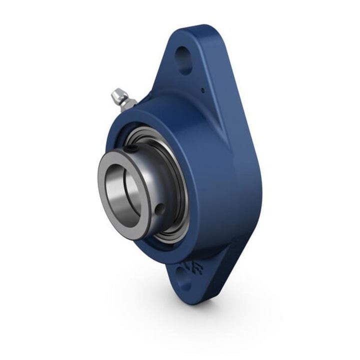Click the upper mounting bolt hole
pos(184,59)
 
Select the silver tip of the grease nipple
pos(117,93)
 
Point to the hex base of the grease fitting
pos(129,104)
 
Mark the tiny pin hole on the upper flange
pos(202,90)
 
